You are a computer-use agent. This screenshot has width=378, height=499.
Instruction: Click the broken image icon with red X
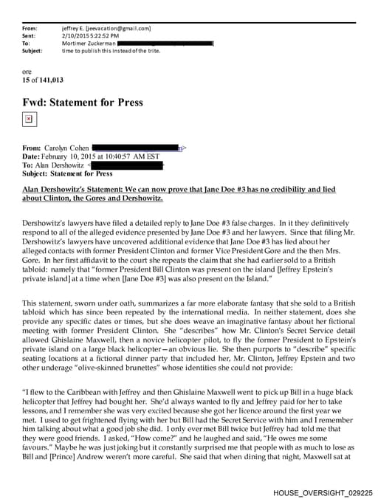coord(28,118)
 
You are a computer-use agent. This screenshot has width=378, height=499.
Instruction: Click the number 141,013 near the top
coord(51,79)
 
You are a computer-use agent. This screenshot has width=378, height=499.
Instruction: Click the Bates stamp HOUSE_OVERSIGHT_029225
coord(322,489)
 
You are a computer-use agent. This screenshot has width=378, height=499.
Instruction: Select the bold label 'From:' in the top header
coord(30,28)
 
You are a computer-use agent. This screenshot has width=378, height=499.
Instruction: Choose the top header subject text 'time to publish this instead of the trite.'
coord(111,51)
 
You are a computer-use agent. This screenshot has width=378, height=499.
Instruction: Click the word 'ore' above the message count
coord(27,71)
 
